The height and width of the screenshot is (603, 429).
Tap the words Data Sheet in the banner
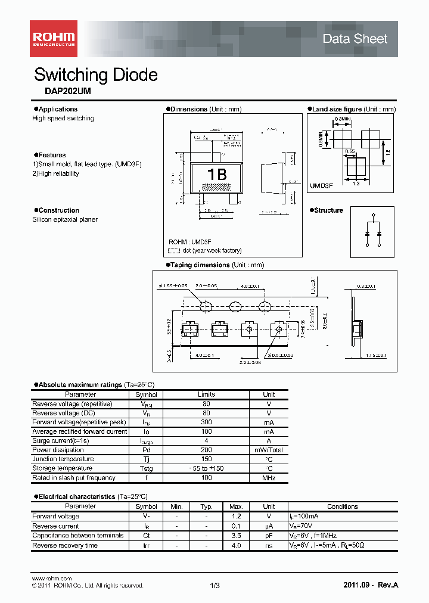pos(355,39)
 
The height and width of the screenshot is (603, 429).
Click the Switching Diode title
pos(96,75)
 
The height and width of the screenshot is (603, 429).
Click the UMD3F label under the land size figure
pos(321,186)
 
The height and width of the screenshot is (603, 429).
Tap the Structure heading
pos(328,210)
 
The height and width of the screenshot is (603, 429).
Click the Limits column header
pos(206,394)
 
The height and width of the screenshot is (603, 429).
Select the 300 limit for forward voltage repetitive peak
pos(206,422)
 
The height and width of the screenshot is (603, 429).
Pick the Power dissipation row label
pos(58,450)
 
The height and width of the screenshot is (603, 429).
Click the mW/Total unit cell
pos(269,450)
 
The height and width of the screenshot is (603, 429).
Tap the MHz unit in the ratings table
pos(269,478)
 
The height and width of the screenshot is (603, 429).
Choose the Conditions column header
pos(342,506)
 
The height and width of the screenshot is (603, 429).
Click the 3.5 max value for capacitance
pos(236,535)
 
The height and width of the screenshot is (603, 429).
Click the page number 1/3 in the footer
pos(215,586)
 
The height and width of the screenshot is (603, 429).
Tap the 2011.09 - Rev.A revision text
pos(371,585)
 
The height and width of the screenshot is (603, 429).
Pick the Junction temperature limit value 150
pos(206,459)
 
